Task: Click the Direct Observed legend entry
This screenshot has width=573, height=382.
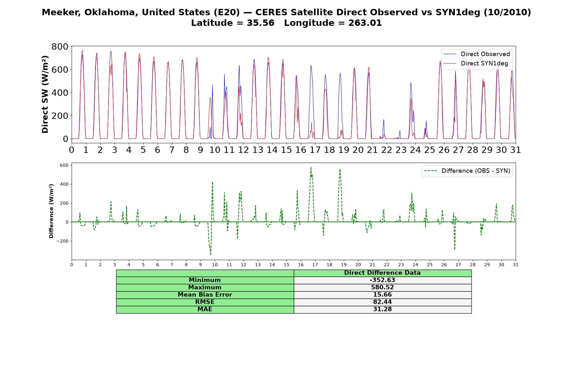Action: (x=476, y=54)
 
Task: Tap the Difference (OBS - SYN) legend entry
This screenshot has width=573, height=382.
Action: (x=467, y=171)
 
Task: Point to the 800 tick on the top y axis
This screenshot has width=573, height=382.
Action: (x=60, y=46)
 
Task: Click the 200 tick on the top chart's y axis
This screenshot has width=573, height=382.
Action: (x=60, y=116)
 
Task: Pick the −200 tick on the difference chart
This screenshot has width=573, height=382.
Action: (x=62, y=241)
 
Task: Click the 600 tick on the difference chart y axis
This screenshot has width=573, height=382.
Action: (x=64, y=165)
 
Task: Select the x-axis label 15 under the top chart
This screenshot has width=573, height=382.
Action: (x=286, y=150)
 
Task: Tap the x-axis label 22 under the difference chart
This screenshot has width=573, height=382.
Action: (x=386, y=265)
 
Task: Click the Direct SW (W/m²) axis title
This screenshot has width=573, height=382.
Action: (x=45, y=95)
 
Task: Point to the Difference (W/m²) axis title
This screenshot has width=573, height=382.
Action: (x=51, y=211)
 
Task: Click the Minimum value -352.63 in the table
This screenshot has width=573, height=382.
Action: (x=382, y=280)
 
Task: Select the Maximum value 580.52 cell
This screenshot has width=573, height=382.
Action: (x=382, y=287)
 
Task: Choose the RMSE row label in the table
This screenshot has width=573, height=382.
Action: (x=205, y=302)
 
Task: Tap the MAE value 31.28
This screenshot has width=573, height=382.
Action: (x=382, y=309)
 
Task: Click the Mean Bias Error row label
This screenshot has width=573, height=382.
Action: (x=205, y=295)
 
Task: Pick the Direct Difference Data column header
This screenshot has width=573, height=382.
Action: (x=382, y=273)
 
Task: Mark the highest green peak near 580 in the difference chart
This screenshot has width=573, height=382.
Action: (x=311, y=167)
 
